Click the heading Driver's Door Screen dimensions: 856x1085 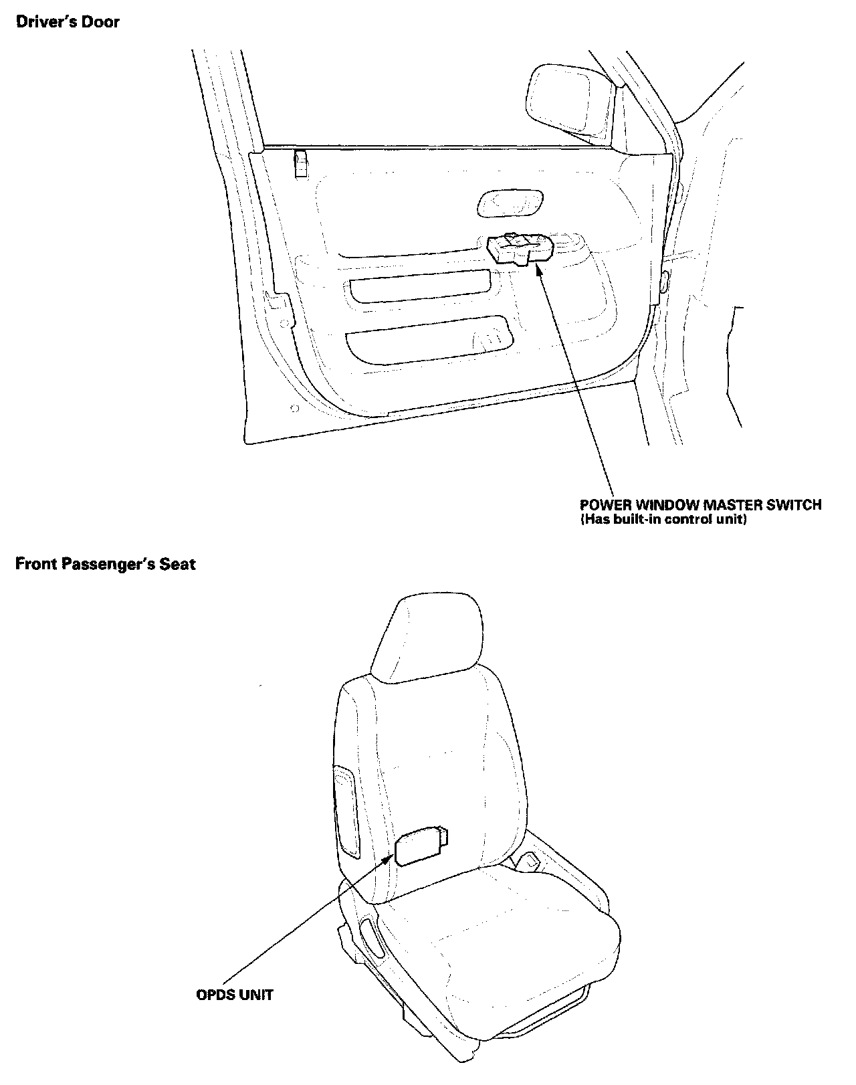pos(68,22)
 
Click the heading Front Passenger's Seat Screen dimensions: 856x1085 pos(106,564)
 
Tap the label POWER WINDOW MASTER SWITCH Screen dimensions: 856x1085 pos(700,505)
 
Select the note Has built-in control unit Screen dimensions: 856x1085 pos(662,520)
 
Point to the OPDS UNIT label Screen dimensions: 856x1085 pos(234,995)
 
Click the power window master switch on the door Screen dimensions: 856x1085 pos(520,248)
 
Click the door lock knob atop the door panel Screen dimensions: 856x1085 pos(301,163)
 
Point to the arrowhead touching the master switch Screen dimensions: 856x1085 pos(539,267)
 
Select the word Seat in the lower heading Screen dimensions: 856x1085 pos(181,564)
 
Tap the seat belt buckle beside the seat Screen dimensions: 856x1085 pos(532,861)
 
